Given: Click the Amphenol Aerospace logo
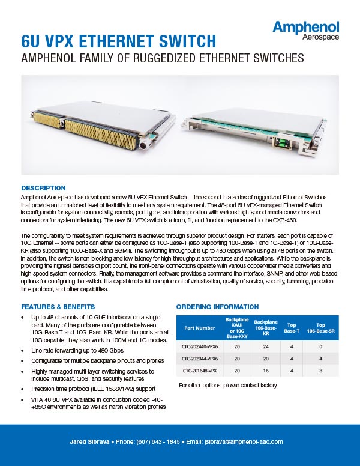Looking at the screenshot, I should coord(305,31).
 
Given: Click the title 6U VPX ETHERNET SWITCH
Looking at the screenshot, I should coord(118,41).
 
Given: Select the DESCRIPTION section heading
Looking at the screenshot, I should coord(43,187).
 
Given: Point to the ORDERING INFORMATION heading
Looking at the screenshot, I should coord(217,307).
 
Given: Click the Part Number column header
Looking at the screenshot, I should coord(200,328).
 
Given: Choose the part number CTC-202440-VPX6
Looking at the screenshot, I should coord(200,346).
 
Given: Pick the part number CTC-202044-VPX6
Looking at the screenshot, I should coord(200,359).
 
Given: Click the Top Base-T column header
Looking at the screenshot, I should coord(292,328).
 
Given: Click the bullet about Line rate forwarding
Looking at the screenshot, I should coord(77,349).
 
